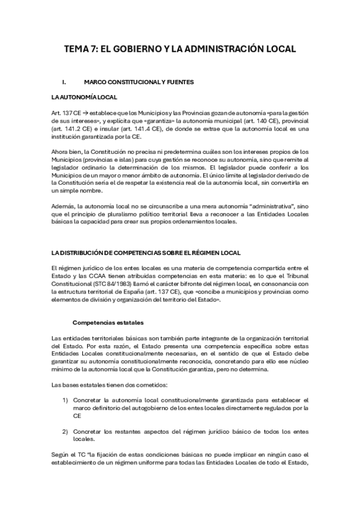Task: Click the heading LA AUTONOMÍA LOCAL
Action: click(x=84, y=97)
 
